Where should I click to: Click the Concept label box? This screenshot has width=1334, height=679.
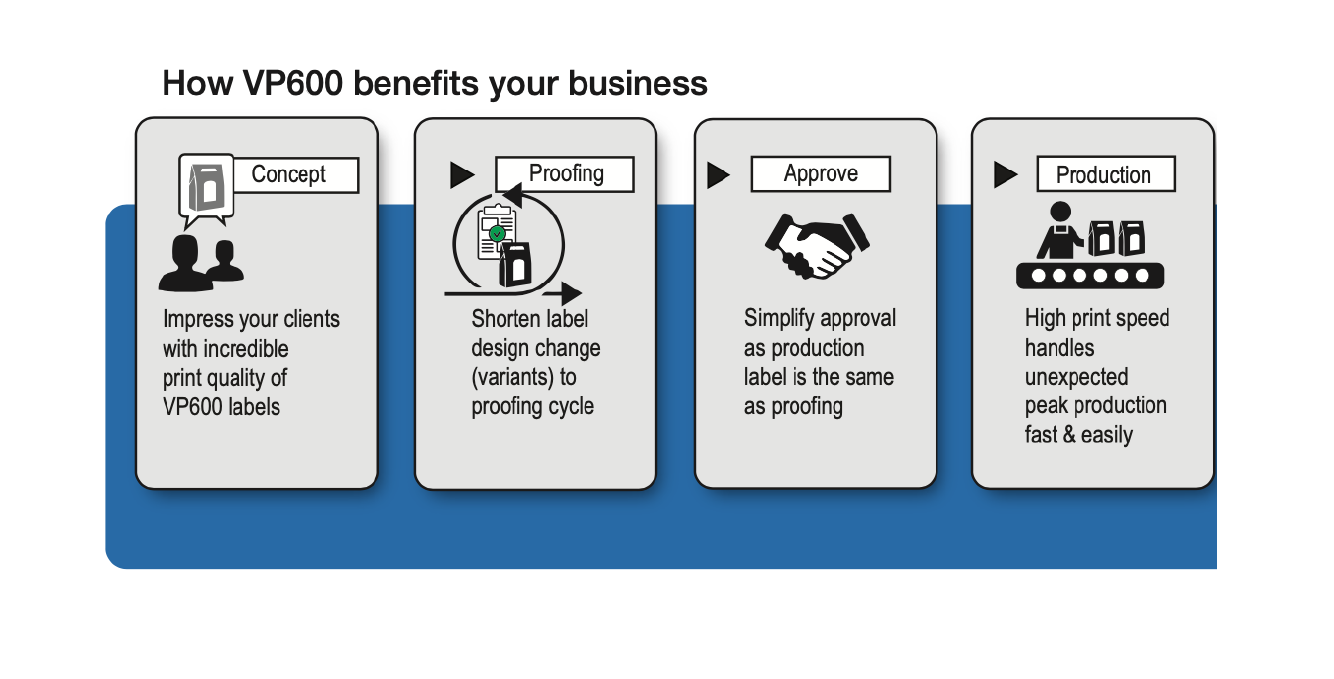coord(293,174)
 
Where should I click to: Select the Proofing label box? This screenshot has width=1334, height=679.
coord(565,173)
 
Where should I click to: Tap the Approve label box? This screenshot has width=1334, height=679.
coord(821,173)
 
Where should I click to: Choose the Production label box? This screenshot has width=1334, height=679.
coord(1104,174)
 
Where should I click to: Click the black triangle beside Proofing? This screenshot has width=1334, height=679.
coord(462,175)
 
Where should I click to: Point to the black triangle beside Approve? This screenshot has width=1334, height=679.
coord(719,175)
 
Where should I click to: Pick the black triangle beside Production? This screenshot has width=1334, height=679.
coord(1005,175)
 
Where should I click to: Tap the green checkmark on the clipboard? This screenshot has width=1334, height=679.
coord(498,233)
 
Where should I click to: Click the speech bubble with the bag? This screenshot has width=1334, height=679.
coord(206,185)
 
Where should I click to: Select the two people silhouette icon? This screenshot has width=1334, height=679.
coord(201,262)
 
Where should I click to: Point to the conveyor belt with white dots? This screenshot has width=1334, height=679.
coord(1088,275)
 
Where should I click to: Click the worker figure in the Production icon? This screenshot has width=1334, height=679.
coord(1059,232)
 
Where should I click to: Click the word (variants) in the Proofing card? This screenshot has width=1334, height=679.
coord(511,378)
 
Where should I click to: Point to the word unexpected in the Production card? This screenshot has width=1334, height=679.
coord(1076,377)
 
